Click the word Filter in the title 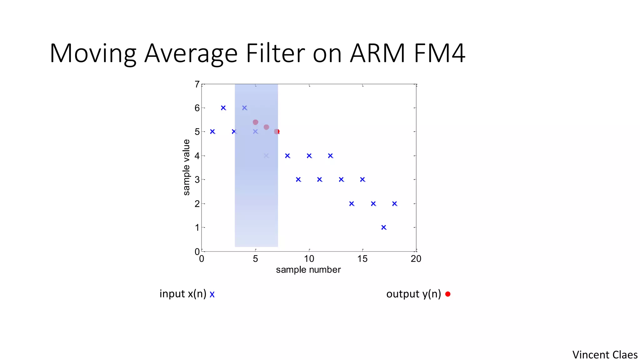point(275,53)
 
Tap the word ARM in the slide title point(377,53)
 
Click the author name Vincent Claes point(605,355)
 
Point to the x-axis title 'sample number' point(308,270)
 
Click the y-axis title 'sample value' point(186,167)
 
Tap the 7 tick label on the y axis point(197,84)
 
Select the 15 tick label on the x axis point(362,259)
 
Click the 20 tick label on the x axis point(416,259)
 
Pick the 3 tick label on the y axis point(197,180)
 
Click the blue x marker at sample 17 point(384,227)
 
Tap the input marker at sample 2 point(223,108)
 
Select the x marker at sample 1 point(212,132)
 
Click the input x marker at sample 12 point(330,156)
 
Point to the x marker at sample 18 point(395,204)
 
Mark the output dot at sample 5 point(255,122)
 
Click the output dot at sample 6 point(266,127)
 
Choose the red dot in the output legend point(448,294)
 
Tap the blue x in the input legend point(212,294)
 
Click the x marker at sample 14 point(352,204)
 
